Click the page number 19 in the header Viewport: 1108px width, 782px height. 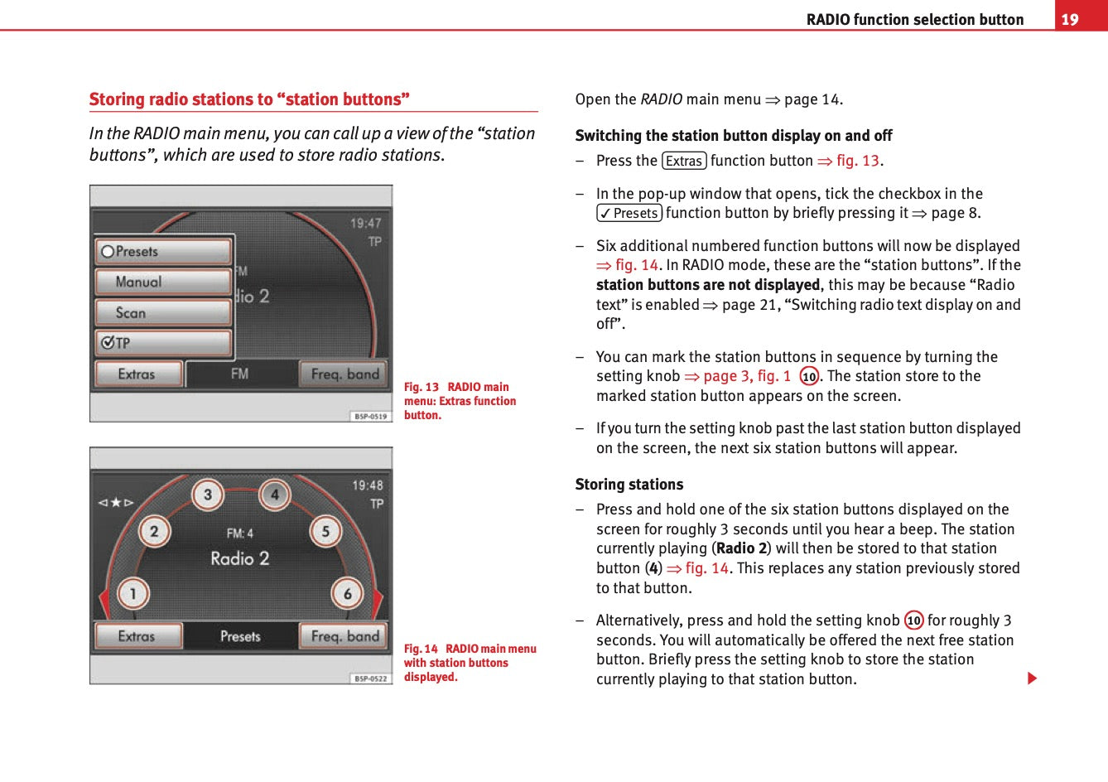pos(1070,19)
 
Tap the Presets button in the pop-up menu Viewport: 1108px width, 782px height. pos(164,251)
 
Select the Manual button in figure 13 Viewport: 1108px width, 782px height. pos(164,282)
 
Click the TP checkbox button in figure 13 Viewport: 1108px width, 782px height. pos(164,343)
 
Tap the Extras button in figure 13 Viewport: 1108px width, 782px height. pos(137,374)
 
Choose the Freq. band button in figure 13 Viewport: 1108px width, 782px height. pos(344,374)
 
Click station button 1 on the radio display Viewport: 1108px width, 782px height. pos(132,593)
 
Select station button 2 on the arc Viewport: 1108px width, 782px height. pos(154,531)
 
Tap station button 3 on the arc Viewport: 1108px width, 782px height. pos(207,495)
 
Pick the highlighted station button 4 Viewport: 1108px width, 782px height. pos(274,495)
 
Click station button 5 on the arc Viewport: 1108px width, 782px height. pos(325,531)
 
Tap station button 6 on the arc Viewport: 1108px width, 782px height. pos(347,593)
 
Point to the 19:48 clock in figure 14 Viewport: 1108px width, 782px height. pos(368,485)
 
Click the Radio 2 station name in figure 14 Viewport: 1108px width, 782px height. pos(240,558)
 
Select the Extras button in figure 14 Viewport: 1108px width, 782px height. pos(137,636)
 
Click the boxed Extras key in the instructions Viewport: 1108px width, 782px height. pos(684,161)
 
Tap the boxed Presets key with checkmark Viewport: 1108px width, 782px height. pos(629,213)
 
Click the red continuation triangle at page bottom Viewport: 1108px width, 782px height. pos(1032,678)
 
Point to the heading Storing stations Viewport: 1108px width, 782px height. pos(629,485)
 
